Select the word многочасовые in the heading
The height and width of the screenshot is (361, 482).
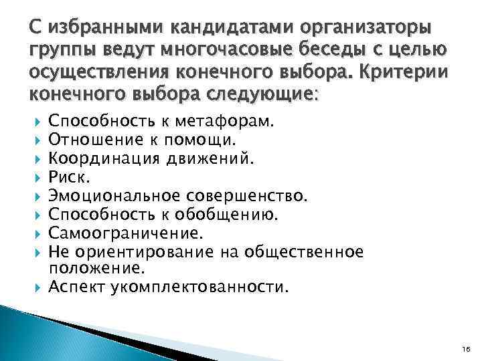234,50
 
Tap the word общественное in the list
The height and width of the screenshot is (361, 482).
305,251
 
